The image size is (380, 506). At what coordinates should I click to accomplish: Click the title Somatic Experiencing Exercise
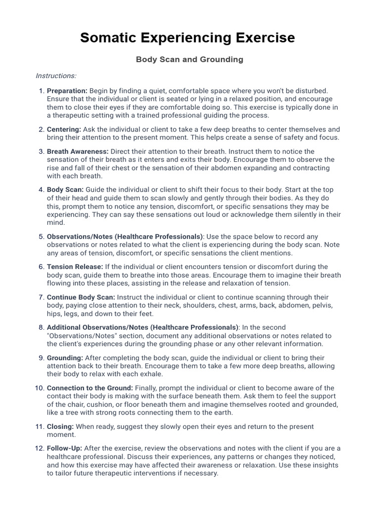point(188,38)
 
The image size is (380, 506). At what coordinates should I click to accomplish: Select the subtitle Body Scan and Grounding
point(190,59)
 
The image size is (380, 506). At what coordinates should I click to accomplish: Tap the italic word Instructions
point(56,76)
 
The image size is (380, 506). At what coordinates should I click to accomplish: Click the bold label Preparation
point(67,91)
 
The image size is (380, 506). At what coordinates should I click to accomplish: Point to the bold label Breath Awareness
point(78,151)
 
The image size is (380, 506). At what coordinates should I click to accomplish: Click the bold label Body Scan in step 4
point(65,190)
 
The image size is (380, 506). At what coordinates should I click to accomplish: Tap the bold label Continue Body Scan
point(81,297)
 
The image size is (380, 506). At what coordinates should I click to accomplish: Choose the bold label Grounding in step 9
point(65,358)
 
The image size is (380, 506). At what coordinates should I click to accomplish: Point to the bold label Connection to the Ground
point(90,388)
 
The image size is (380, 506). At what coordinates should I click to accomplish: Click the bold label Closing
point(60,426)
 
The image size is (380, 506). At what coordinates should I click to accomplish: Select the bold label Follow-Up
point(64,448)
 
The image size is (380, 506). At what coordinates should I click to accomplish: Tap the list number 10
point(40,388)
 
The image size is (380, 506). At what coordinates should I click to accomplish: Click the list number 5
point(42,236)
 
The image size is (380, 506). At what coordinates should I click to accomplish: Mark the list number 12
point(40,448)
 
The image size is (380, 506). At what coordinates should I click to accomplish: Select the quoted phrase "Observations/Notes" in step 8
point(82,336)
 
